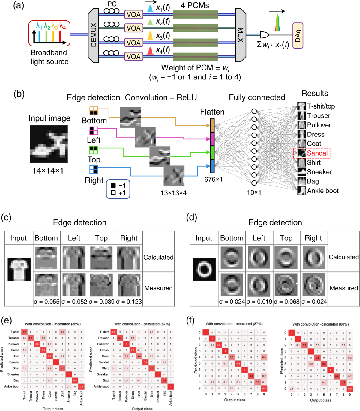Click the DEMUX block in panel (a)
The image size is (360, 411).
tap(94, 35)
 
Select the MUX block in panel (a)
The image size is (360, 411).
tap(240, 35)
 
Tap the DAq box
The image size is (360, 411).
tap(298, 35)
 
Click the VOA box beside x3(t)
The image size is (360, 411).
tap(133, 43)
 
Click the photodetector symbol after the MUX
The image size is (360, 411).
tap(264, 35)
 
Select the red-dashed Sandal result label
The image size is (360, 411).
tap(312, 153)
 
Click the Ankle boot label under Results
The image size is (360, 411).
tap(322, 191)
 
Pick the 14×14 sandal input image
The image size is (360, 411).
tap(49, 144)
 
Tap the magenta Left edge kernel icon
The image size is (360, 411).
tap(94, 131)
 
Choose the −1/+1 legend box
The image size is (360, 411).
tap(118, 189)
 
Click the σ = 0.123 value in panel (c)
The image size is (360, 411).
tap(129, 302)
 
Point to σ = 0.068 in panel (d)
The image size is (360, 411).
tap(286, 302)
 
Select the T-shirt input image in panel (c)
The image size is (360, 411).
tap(19, 269)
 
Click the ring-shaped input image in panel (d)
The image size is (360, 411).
tap(204, 269)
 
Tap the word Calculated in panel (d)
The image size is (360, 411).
tap(343, 257)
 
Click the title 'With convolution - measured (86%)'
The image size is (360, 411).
tap(53, 324)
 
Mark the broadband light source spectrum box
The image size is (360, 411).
tap(49, 33)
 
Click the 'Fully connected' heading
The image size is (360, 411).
tap(257, 97)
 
